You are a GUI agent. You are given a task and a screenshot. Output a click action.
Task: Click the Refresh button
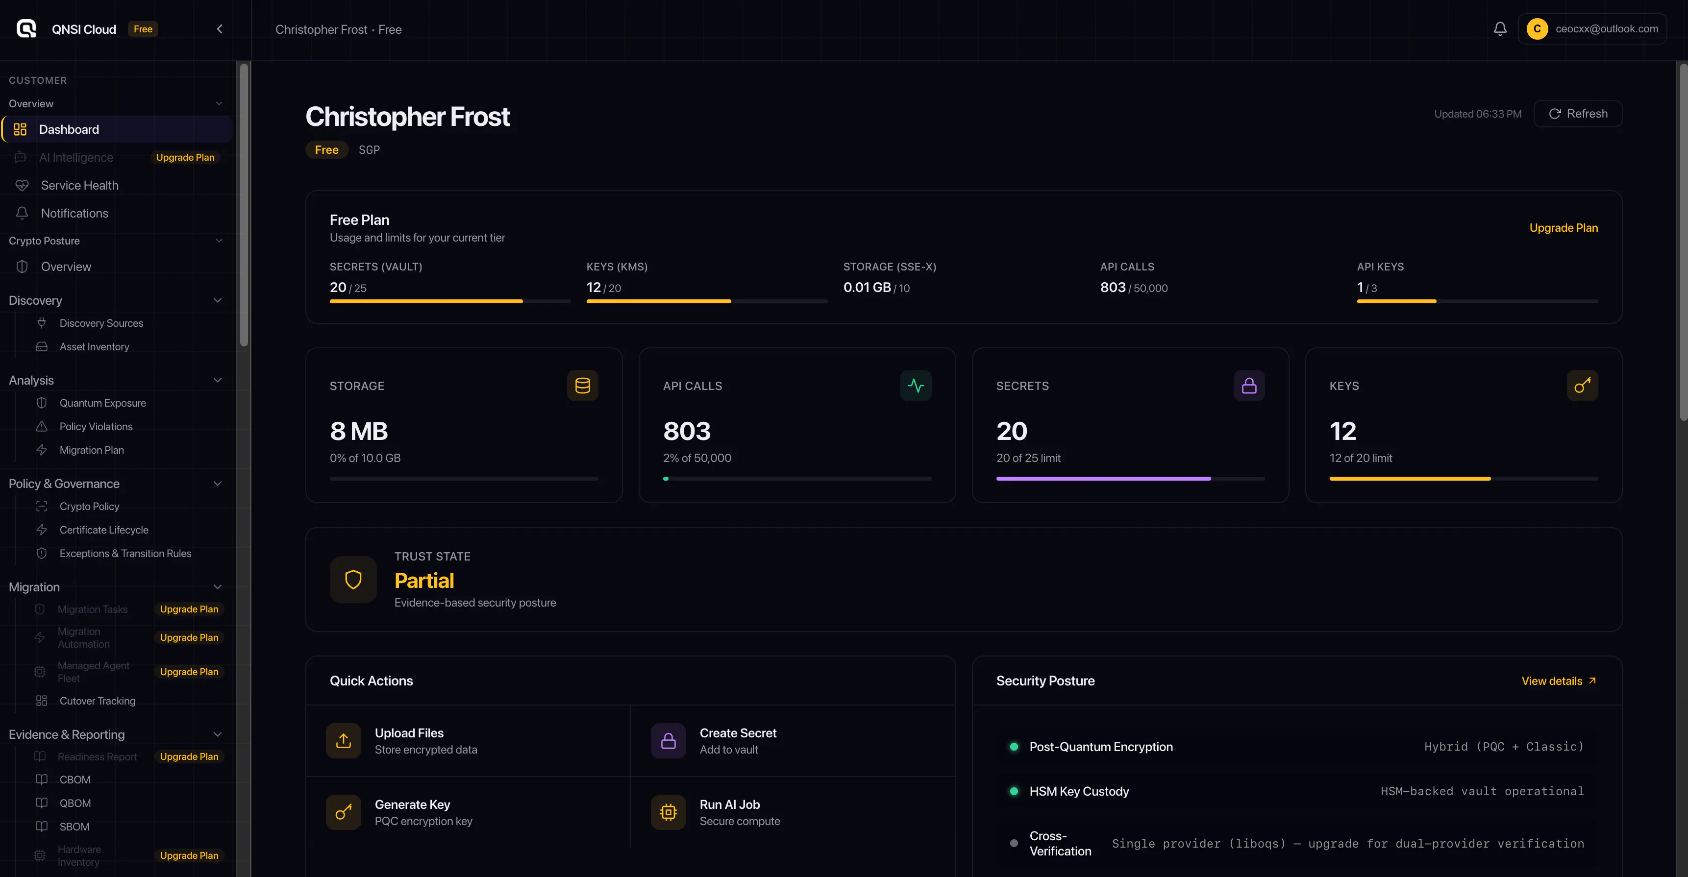tap(1577, 114)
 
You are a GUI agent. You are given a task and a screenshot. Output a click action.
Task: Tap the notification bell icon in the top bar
tap(1500, 29)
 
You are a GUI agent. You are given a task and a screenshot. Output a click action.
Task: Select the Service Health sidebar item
tap(79, 185)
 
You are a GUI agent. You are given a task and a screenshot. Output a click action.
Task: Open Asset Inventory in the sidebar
tap(94, 346)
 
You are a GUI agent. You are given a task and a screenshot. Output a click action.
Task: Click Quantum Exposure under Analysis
tap(102, 403)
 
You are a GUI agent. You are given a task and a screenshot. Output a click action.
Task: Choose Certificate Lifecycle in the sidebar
tap(103, 530)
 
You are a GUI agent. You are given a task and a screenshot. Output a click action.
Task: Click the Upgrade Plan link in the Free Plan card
tap(1564, 228)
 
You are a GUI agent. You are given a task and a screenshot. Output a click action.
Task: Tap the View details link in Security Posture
tap(1558, 681)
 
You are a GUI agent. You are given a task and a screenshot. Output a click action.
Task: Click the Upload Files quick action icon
tap(344, 741)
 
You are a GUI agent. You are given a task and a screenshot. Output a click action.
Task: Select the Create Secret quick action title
tap(738, 733)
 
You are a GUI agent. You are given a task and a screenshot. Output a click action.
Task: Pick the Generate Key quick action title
tap(412, 804)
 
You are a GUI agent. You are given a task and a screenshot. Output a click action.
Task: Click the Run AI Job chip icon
tap(669, 812)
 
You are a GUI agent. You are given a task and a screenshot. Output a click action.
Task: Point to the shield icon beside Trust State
tap(353, 580)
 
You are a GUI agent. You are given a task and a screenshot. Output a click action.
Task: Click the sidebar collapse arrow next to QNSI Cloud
tap(220, 29)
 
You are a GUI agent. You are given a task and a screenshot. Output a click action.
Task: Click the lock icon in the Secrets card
tap(1249, 386)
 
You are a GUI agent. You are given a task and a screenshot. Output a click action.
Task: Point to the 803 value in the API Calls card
tap(687, 431)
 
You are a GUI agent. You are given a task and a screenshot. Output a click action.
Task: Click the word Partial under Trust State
tap(424, 581)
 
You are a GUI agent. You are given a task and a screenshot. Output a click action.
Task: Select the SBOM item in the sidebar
tap(74, 827)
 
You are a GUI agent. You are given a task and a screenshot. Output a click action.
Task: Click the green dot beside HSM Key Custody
tap(1014, 791)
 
